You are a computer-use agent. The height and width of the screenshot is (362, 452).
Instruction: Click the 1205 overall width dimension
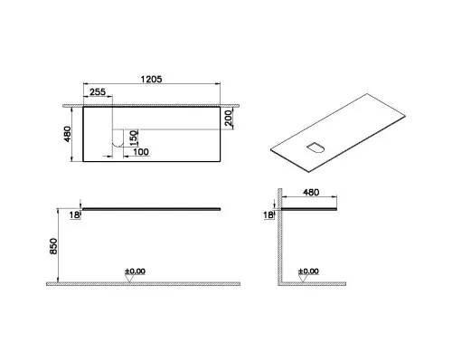click(x=151, y=79)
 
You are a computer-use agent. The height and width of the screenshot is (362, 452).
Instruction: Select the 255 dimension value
click(x=98, y=91)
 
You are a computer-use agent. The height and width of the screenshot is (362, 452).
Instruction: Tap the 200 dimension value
click(x=229, y=118)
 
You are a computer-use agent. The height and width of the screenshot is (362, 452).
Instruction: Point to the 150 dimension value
click(x=134, y=138)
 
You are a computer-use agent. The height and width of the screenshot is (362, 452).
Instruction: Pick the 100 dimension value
click(x=141, y=152)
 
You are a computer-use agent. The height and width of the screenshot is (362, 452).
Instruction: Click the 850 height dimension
click(x=53, y=246)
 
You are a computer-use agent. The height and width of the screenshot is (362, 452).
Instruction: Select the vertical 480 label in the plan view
click(x=68, y=134)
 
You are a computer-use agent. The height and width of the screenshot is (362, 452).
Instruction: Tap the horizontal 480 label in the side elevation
click(x=311, y=192)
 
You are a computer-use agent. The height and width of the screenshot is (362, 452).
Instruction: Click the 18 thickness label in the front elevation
click(x=75, y=215)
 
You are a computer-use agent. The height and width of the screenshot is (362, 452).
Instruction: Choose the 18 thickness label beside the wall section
click(x=268, y=215)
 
